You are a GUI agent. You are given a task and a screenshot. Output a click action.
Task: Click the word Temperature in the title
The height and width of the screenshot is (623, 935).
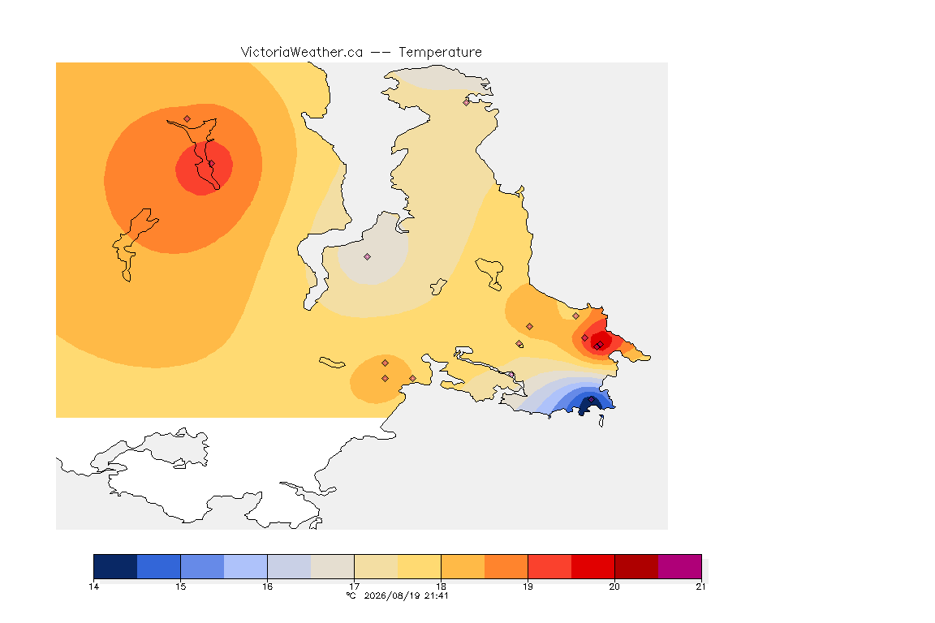[440, 53]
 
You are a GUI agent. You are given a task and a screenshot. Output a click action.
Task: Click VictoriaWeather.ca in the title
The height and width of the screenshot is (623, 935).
[302, 53]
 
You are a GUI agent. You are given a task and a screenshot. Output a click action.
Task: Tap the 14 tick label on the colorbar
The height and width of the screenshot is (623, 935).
[93, 586]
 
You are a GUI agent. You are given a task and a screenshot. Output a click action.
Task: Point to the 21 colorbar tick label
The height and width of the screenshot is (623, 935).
[700, 586]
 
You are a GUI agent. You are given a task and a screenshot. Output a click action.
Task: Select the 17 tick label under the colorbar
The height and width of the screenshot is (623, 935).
[354, 586]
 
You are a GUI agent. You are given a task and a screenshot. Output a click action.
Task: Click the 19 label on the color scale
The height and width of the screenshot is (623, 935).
[528, 586]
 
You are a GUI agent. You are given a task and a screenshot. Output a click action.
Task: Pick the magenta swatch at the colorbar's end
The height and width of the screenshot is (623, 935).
[680, 566]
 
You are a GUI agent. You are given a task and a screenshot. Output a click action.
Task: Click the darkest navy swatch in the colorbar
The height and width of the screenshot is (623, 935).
[116, 566]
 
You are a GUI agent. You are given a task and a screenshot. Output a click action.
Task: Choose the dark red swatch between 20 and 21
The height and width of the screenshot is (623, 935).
[636, 566]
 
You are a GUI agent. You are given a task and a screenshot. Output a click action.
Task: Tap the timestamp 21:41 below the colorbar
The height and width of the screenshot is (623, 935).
[437, 595]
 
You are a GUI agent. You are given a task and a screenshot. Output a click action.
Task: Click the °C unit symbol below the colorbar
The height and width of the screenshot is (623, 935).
[351, 595]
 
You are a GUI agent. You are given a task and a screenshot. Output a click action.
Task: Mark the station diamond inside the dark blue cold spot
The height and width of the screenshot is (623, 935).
[591, 399]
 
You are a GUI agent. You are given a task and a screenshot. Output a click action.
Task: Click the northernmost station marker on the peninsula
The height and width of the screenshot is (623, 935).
[467, 102]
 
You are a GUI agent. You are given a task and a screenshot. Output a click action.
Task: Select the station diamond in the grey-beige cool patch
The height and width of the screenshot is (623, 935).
[368, 257]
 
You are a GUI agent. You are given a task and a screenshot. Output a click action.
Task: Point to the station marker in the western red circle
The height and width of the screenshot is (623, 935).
[211, 164]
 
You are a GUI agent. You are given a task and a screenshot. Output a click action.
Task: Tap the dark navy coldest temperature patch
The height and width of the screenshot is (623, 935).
[588, 406]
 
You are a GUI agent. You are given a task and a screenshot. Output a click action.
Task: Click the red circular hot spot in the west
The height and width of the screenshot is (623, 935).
[204, 168]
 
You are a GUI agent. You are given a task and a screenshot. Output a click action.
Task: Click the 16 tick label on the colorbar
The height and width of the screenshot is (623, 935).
[267, 586]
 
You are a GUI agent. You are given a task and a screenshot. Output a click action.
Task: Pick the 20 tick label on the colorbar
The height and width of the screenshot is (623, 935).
[614, 586]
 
